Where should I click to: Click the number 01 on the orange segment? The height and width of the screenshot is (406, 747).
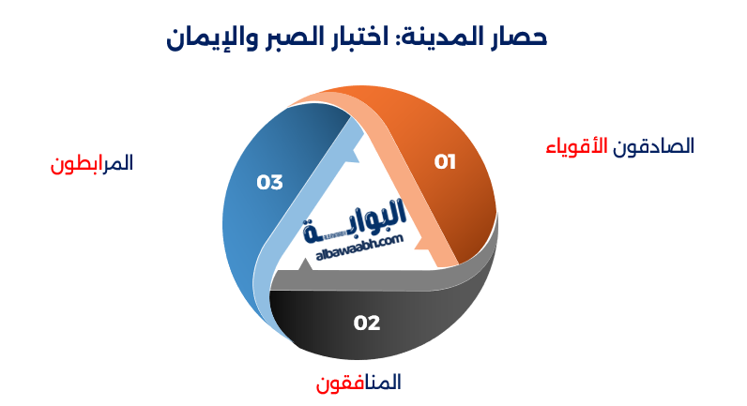(x=445, y=161)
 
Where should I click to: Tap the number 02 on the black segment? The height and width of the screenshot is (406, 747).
(x=367, y=323)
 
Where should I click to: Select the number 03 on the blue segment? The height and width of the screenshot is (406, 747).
(x=269, y=182)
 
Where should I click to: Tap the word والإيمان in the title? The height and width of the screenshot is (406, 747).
(x=212, y=38)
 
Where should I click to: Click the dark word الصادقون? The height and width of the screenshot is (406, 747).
(x=654, y=146)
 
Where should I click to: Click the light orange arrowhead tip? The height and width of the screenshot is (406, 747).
(x=428, y=249)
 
